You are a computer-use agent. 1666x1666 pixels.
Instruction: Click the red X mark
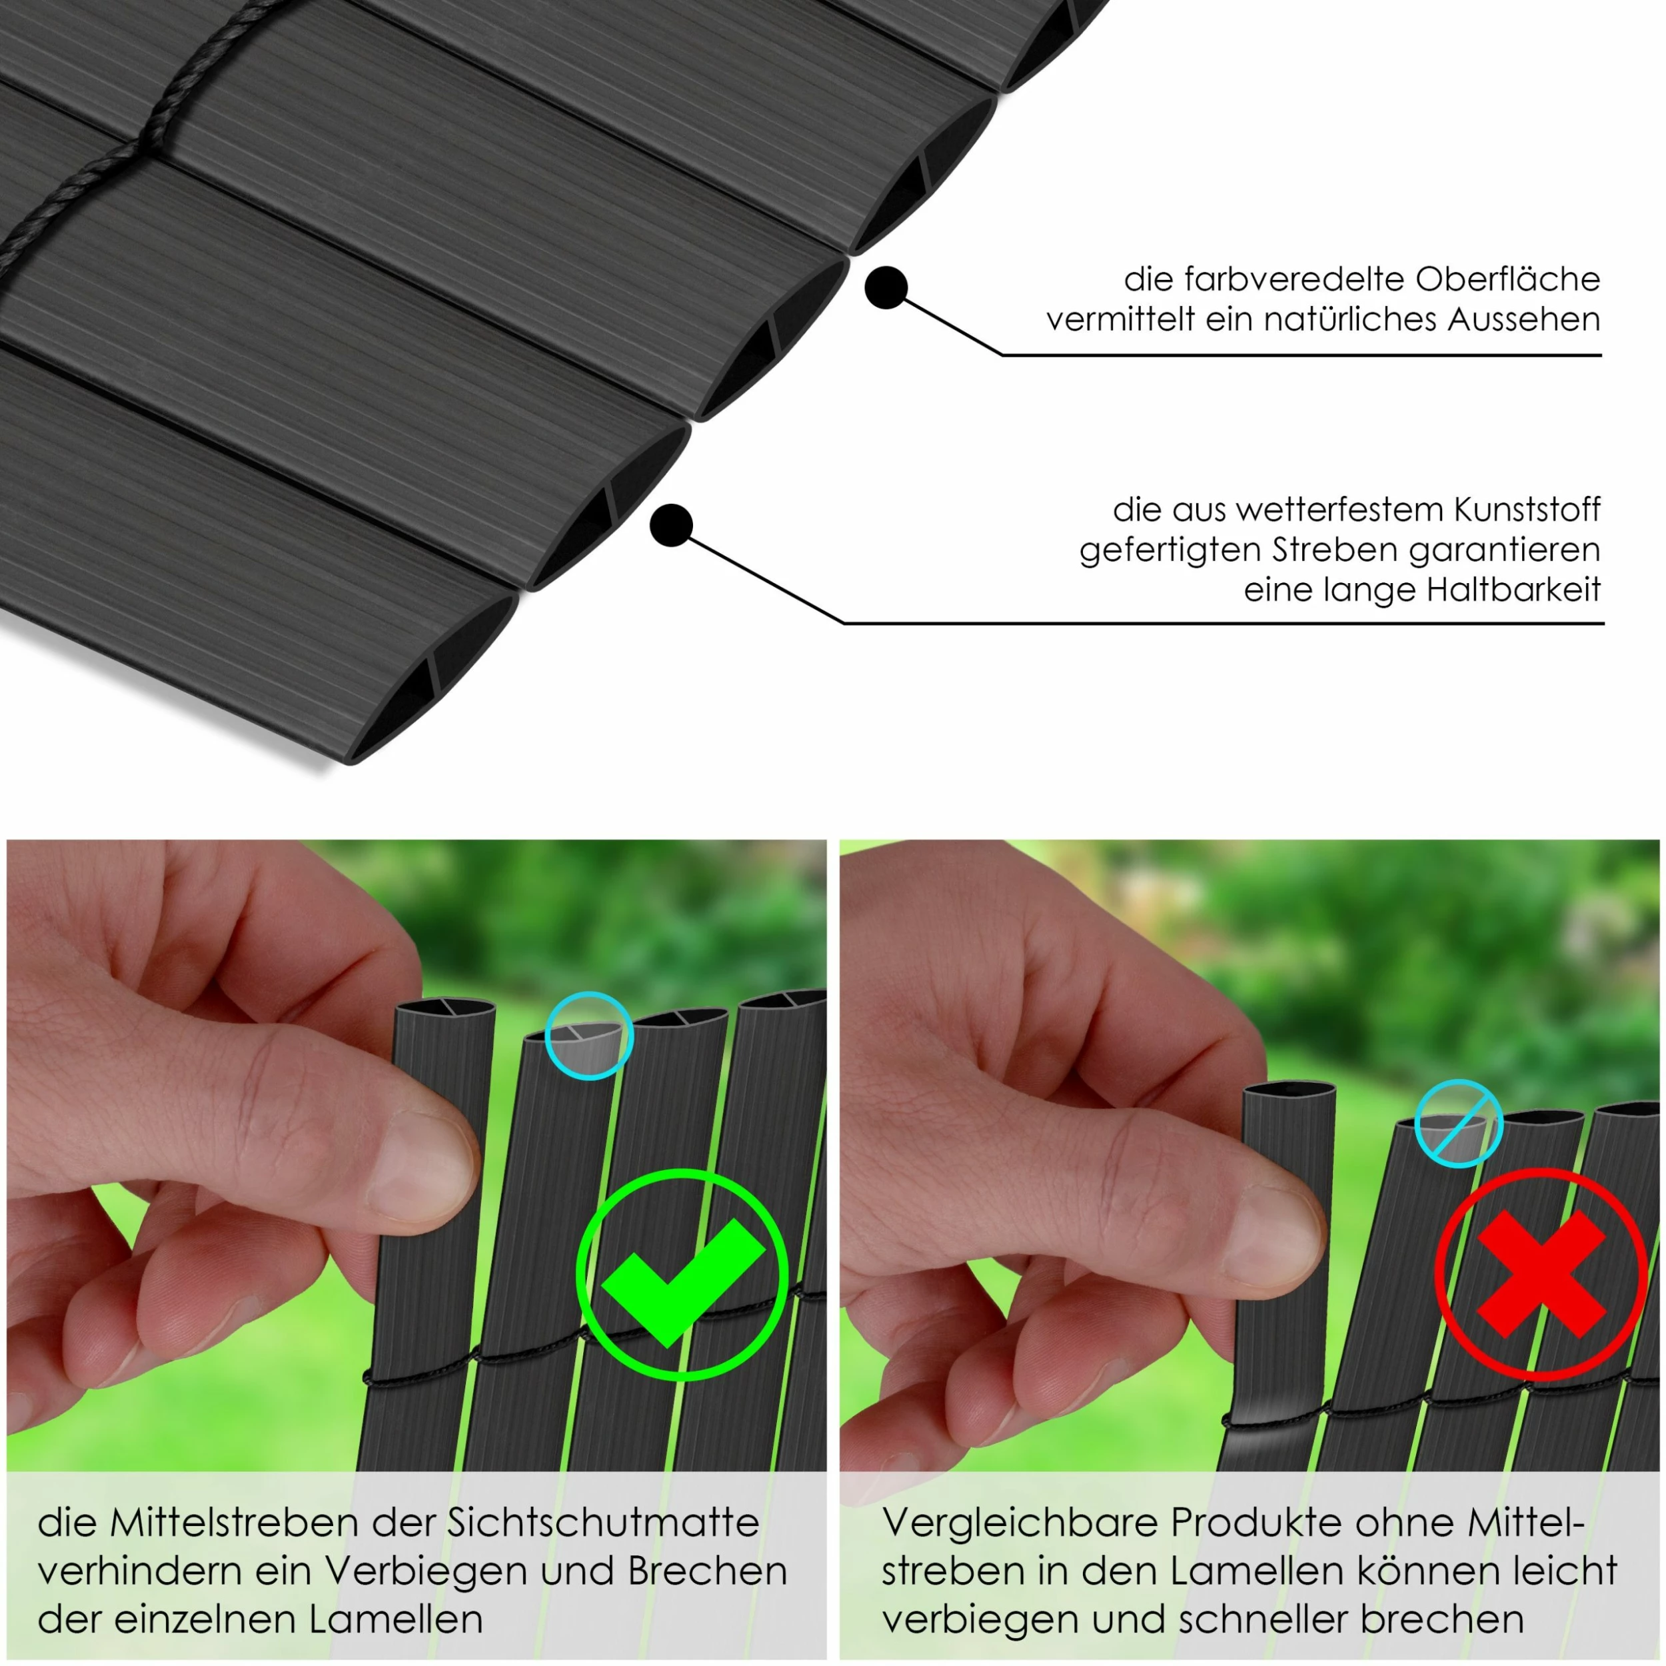pyautogui.click(x=1541, y=1275)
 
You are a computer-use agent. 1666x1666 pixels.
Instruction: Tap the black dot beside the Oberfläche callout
pyautogui.click(x=886, y=287)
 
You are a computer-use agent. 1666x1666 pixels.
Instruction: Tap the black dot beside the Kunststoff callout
pyautogui.click(x=671, y=524)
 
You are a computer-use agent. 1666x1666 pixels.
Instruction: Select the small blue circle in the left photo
pyautogui.click(x=590, y=1036)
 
